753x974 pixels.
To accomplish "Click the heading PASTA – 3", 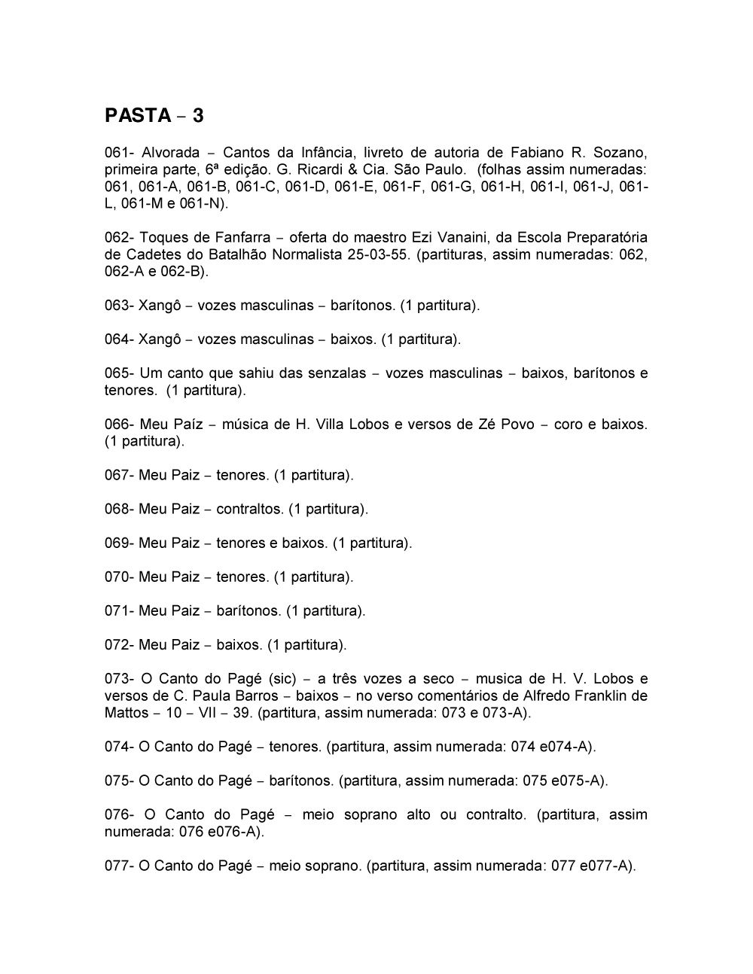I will tap(154, 116).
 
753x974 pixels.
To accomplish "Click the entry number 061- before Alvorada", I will tap(119, 152).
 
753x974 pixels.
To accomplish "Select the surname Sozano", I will tap(621, 152).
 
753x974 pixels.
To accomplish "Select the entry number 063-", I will tap(119, 306).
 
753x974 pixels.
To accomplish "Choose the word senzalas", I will tap(338, 373).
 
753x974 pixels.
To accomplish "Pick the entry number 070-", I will tap(119, 577).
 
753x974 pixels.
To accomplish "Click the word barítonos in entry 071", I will tap(248, 611).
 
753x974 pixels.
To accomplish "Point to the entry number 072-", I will tap(119, 645).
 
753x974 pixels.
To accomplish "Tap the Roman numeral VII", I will tap(202, 713).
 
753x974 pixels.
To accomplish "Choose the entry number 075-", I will tap(119, 781).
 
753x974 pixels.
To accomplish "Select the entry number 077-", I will tap(119, 866).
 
